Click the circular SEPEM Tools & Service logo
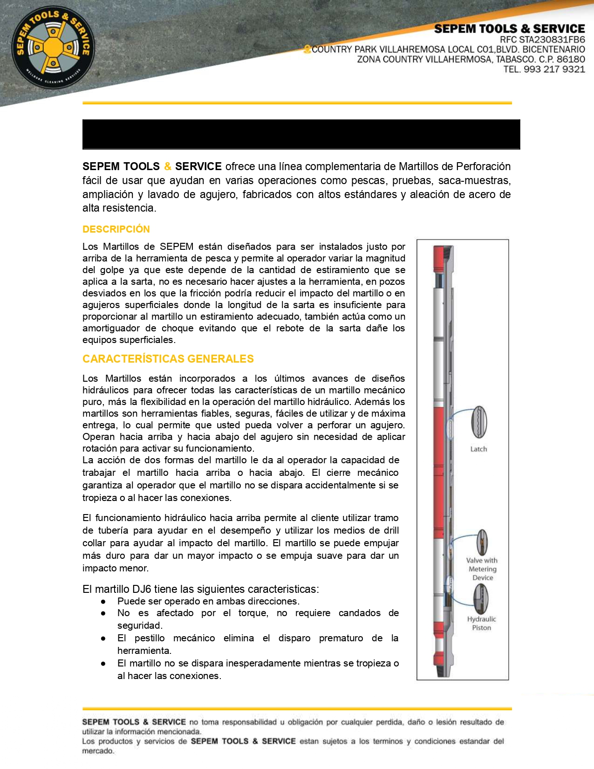pyautogui.click(x=53, y=48)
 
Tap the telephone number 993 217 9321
pyautogui.click(x=554, y=69)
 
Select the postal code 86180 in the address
pyautogui.click(x=571, y=59)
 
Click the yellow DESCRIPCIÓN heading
pyautogui.click(x=116, y=229)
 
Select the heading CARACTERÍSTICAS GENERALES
pyautogui.click(x=168, y=359)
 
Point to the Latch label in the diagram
pyautogui.click(x=478, y=449)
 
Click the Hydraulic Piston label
pyautogui.click(x=482, y=624)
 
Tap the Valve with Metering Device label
pyautogui.click(x=482, y=569)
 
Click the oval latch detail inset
pyautogui.click(x=479, y=422)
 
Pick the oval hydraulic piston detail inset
pyautogui.click(x=481, y=599)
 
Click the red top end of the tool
pyautogui.click(x=438, y=259)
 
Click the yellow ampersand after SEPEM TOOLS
pyautogui.click(x=168, y=166)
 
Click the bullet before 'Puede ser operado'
pyautogui.click(x=103, y=602)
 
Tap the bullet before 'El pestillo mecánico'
pyautogui.click(x=103, y=639)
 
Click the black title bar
pyautogui.click(x=301, y=134)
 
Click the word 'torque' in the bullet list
pyautogui.click(x=253, y=613)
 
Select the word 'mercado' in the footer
pyautogui.click(x=97, y=751)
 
